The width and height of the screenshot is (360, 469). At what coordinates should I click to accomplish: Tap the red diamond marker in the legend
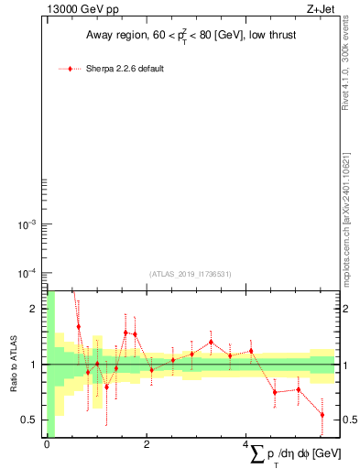tap(71, 69)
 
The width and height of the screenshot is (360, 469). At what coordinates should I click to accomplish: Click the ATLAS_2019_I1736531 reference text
tap(191, 274)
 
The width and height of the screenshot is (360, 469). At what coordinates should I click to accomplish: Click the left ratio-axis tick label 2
tap(35, 309)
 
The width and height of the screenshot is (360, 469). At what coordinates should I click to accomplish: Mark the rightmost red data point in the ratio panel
tap(322, 415)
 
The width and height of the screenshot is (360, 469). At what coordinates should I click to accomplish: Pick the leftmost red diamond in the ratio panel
tap(79, 326)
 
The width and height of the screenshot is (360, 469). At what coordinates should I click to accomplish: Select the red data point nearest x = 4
tap(250, 351)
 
